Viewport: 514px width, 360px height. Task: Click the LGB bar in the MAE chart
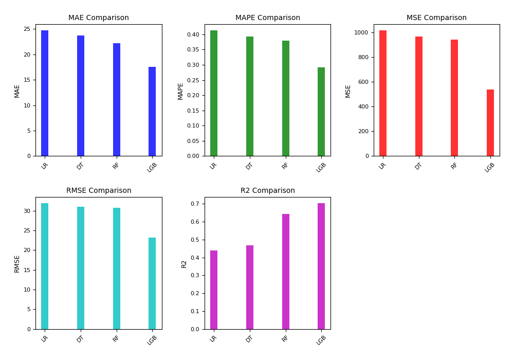pyautogui.click(x=152, y=112)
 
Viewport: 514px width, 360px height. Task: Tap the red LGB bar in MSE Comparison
pyautogui.click(x=490, y=123)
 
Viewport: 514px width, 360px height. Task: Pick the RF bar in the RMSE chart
pyautogui.click(x=117, y=268)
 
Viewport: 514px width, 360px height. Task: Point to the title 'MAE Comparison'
pyautogui.click(x=99, y=18)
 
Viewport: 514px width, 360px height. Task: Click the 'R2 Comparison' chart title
pyautogui.click(x=268, y=191)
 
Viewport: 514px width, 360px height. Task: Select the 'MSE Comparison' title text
pyautogui.click(x=436, y=18)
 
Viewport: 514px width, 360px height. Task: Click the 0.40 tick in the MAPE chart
pyautogui.click(x=192, y=34)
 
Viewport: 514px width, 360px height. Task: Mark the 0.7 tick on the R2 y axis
pyautogui.click(x=195, y=204)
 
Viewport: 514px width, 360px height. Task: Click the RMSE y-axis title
pyautogui.click(x=17, y=263)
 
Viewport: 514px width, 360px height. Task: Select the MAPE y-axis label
pyautogui.click(x=180, y=91)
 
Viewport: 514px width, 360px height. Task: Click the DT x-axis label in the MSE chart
pyautogui.click(x=418, y=166)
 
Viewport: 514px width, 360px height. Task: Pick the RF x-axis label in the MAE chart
pyautogui.click(x=116, y=166)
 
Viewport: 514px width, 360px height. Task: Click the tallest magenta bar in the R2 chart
pyautogui.click(x=321, y=266)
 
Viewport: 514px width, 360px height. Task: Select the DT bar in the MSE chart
pyautogui.click(x=419, y=96)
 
